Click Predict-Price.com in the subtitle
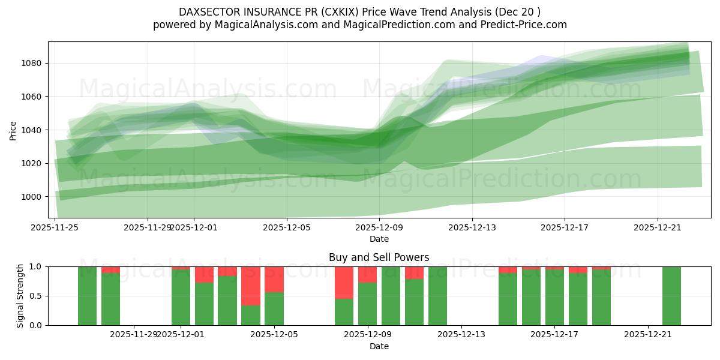tap(520, 25)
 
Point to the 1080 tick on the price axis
tap(31, 63)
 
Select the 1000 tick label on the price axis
tap(31, 197)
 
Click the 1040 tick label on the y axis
tap(31, 130)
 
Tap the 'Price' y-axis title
tap(13, 130)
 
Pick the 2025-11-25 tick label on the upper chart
tap(55, 228)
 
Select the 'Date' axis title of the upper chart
tap(379, 239)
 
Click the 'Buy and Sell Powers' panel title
tap(379, 257)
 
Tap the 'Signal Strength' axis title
tap(20, 295)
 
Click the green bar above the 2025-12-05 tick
tap(274, 308)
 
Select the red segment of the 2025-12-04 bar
tap(251, 286)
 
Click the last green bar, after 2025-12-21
tap(671, 296)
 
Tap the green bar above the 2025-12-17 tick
tap(554, 297)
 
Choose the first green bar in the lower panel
tap(87, 296)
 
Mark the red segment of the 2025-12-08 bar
tap(344, 282)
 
